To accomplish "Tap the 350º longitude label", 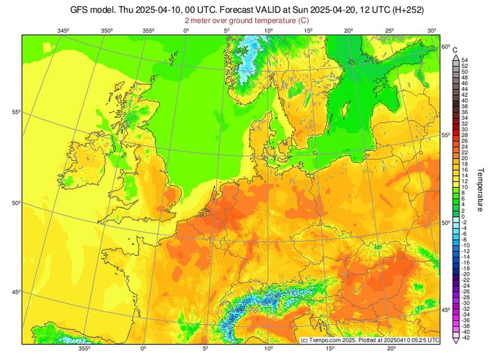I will [107, 31].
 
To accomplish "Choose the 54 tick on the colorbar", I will [465, 60].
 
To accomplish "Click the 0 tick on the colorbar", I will [463, 216].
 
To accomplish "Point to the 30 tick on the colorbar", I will [465, 129].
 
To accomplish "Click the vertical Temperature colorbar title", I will [480, 190].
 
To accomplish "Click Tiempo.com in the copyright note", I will [322, 340].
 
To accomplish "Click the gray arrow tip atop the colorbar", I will [455, 56].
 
